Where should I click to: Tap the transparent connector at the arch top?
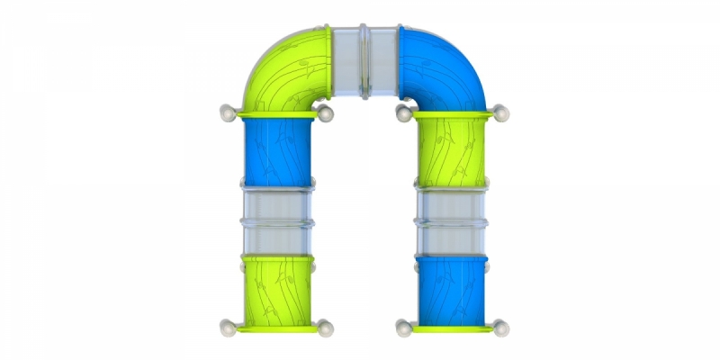coord(364,58)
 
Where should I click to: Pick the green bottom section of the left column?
coord(276,286)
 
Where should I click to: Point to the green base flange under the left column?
coord(276,326)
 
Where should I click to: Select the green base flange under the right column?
coord(450,326)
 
